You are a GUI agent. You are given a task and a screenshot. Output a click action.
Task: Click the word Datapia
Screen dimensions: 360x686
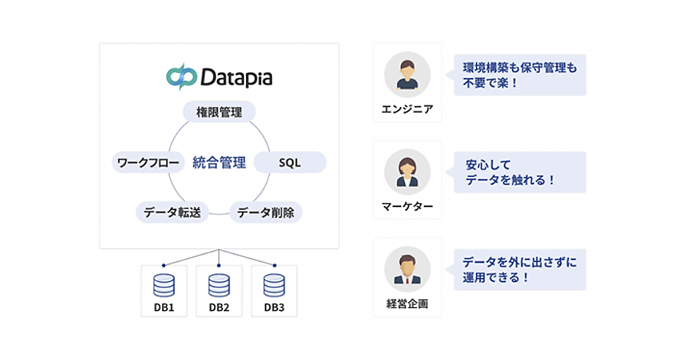coord(236,77)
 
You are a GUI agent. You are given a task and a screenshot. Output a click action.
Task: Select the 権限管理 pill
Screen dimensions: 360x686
coord(218,112)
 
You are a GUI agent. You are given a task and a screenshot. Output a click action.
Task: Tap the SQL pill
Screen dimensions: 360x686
coord(289,163)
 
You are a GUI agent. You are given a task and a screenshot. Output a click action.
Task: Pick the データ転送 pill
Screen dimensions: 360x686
coord(172,213)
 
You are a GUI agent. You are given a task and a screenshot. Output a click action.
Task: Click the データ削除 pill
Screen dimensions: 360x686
coord(266,213)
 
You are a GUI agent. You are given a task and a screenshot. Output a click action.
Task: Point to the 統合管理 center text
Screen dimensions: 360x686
coord(219,163)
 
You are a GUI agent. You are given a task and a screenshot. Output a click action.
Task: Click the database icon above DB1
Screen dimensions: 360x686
coord(163,285)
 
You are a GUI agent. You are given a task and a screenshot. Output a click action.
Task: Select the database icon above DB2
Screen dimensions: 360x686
coord(219,285)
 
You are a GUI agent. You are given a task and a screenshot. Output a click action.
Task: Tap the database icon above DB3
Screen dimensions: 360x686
coord(274,285)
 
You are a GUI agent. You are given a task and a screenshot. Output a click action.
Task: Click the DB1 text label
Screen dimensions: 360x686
coord(163,307)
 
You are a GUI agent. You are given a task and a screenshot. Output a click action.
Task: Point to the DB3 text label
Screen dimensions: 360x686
coord(274,307)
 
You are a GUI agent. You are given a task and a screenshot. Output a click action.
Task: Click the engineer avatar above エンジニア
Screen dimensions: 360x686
coord(407,75)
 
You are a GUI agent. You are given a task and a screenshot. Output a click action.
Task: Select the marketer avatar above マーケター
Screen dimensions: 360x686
coord(407,173)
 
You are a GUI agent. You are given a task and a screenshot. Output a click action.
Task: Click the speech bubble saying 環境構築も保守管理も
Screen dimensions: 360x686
coord(520,75)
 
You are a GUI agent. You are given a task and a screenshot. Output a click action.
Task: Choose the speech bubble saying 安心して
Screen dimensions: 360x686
coord(520,173)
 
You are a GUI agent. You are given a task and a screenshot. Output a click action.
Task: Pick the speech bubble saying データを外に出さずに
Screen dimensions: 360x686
coord(520,270)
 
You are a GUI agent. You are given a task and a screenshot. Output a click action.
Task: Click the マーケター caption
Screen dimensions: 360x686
coord(407,206)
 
